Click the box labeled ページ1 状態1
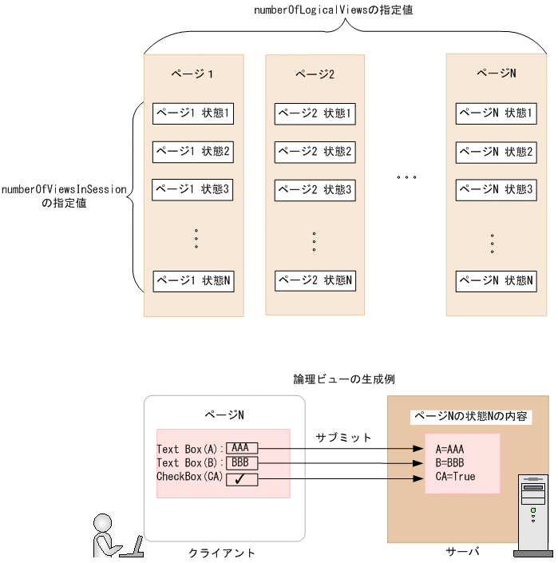[193, 113]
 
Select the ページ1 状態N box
[193, 281]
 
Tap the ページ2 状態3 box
[315, 191]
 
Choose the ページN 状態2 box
[496, 152]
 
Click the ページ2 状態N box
[315, 281]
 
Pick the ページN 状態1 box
[496, 113]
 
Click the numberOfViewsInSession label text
[65, 190]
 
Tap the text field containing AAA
[241, 448]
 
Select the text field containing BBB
[241, 462]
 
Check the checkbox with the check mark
[241, 479]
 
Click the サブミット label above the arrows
[343, 438]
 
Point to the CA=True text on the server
[455, 477]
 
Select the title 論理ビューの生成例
[343, 379]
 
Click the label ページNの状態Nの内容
[470, 417]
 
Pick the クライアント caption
[222, 553]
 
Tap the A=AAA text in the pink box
[449, 449]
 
